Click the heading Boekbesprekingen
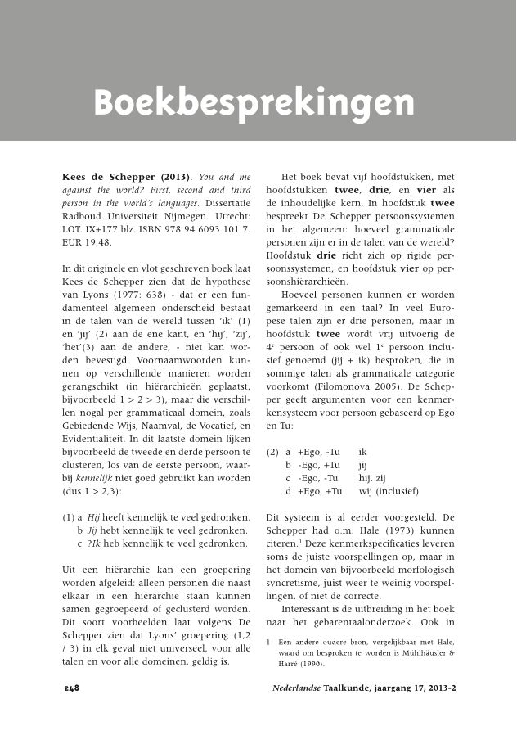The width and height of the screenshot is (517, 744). tap(254, 104)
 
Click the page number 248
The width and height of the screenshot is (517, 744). tap(71, 688)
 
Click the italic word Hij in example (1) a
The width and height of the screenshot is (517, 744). tap(93, 516)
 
